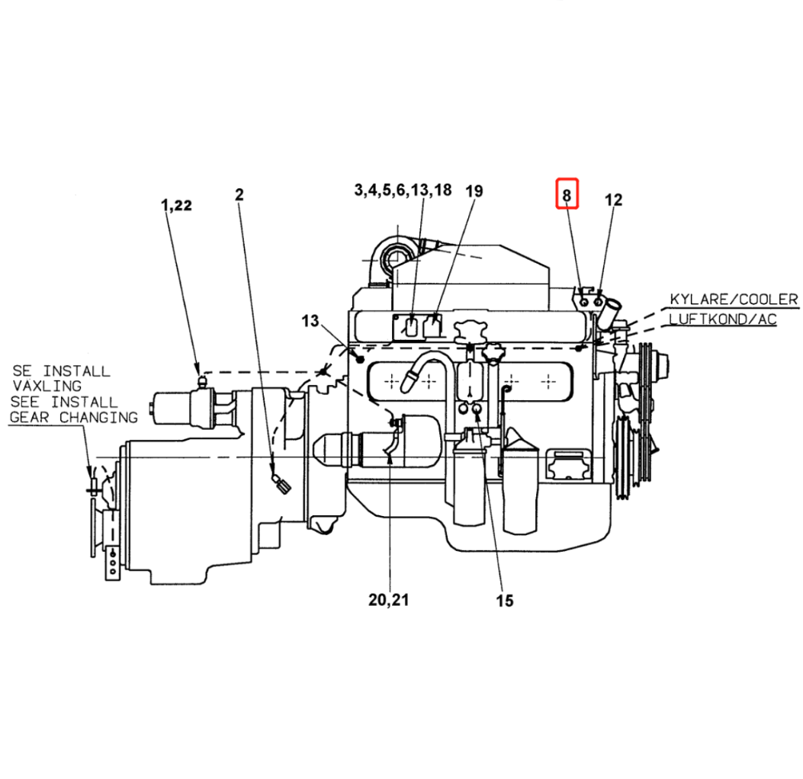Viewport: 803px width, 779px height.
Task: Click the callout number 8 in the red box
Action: click(x=567, y=195)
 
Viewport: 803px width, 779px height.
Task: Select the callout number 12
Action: click(x=613, y=200)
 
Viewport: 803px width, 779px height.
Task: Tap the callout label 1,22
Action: click(x=176, y=205)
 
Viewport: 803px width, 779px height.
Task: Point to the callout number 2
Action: click(x=239, y=194)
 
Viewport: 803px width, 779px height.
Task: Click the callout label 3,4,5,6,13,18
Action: click(x=403, y=190)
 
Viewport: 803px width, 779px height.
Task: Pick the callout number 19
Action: click(x=474, y=191)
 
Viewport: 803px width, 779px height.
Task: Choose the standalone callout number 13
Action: click(x=310, y=321)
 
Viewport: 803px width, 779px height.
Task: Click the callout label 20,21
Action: click(x=389, y=600)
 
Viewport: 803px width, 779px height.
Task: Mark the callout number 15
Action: click(x=504, y=601)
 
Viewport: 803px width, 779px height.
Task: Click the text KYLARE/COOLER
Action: click(x=734, y=299)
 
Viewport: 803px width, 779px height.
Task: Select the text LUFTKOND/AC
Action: click(x=723, y=319)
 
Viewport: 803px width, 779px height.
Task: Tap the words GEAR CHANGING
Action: click(x=74, y=417)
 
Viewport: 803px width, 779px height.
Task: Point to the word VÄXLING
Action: click(x=47, y=385)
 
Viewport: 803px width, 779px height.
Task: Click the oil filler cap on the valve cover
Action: click(x=469, y=333)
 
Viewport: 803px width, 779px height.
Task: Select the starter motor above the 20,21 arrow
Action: click(x=377, y=441)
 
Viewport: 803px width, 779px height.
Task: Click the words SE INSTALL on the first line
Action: click(x=61, y=370)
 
